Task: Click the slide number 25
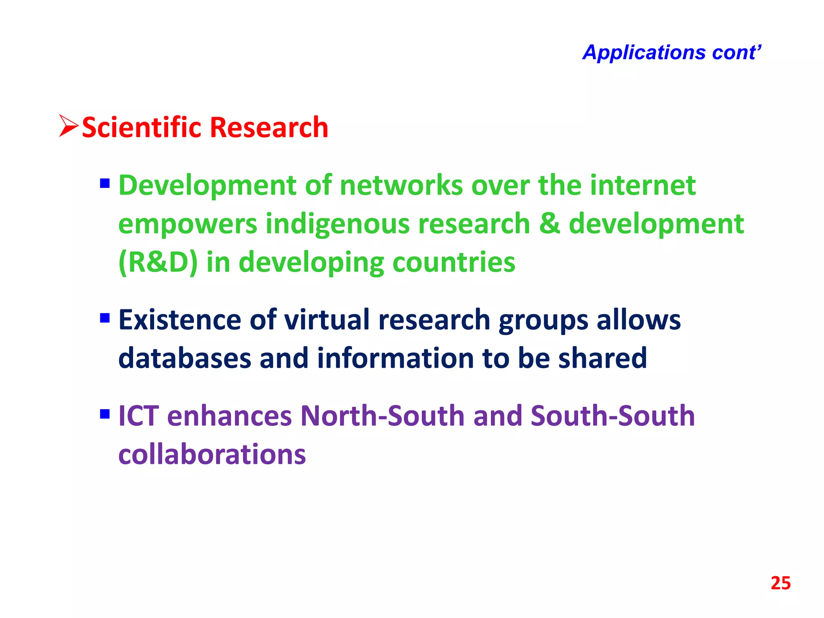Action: coord(780,583)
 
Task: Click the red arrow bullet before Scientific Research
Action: coord(68,126)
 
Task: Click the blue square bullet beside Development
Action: coord(105,184)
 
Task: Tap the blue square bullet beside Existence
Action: coord(105,318)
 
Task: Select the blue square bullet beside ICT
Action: coord(105,414)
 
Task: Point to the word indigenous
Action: coord(338,224)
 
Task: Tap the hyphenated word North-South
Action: coord(383,416)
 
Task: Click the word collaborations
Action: coord(212,455)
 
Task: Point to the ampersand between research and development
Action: coord(549,224)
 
